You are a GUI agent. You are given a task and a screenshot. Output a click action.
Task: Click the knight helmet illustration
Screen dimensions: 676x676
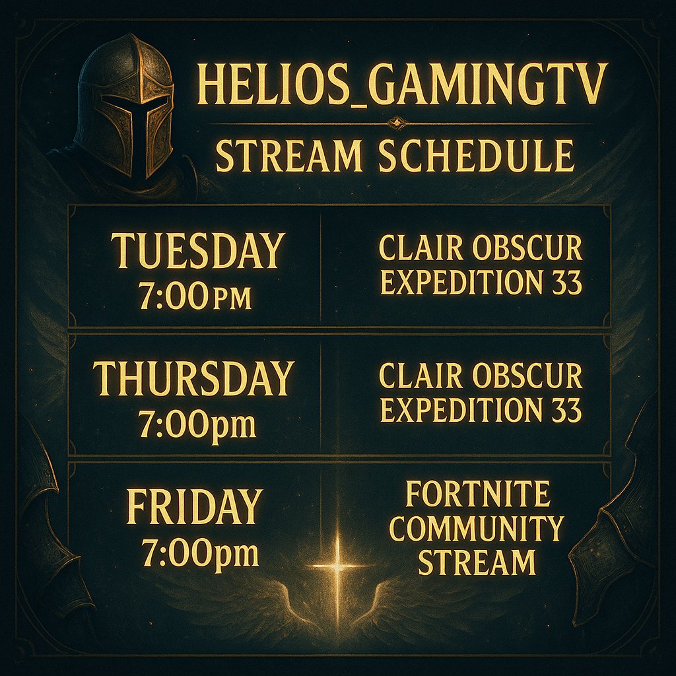[125, 106]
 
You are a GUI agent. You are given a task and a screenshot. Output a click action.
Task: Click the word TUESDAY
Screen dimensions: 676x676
[197, 251]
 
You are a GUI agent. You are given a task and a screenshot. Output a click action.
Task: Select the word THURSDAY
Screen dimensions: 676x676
[193, 379]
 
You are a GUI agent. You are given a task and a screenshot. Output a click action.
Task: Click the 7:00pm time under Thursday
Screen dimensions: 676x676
[197, 424]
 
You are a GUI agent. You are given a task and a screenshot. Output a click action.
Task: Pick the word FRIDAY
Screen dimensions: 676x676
[194, 507]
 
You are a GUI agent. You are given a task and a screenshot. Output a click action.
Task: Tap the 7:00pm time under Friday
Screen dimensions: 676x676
[199, 553]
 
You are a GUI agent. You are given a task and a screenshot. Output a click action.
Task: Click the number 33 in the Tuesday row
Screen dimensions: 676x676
[564, 283]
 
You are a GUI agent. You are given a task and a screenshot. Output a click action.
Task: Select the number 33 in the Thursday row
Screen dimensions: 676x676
[564, 411]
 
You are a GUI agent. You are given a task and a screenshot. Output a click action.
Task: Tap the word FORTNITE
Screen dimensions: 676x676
[478, 494]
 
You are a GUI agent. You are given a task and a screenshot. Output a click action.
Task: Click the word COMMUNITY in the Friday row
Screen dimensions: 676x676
[476, 529]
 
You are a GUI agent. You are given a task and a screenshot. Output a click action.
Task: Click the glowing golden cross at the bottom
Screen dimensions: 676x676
[338, 566]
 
